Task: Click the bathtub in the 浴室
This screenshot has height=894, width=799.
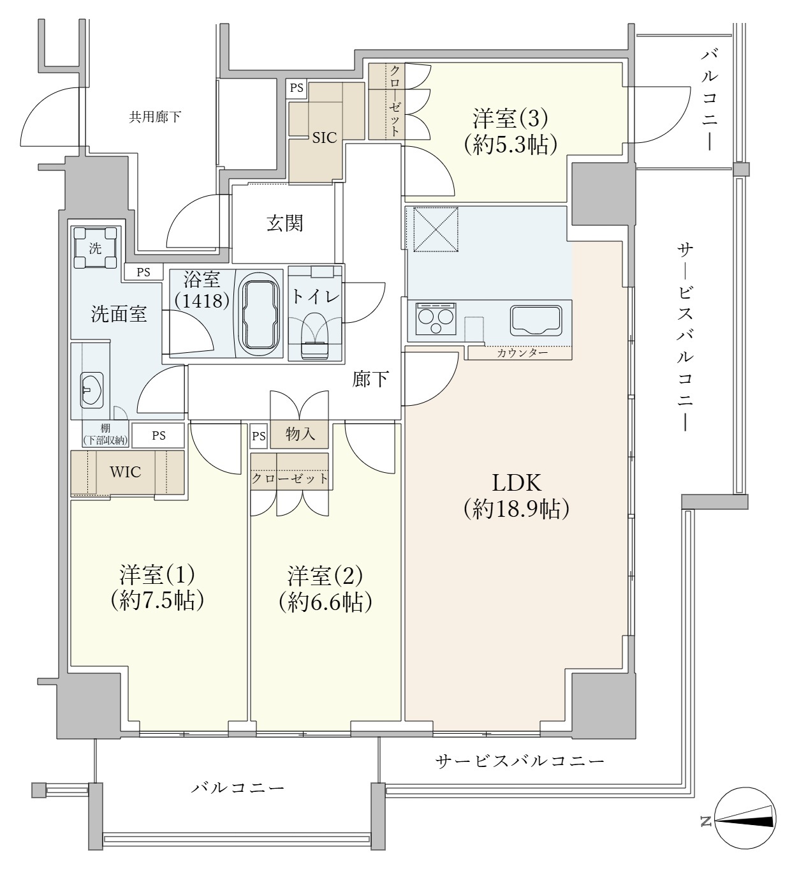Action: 259,313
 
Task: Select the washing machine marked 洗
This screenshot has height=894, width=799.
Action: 95,249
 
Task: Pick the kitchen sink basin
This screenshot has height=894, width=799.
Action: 535,320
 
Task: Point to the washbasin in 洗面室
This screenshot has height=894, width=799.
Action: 91,389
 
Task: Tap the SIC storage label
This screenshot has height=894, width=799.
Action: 324,138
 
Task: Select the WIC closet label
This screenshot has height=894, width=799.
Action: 126,472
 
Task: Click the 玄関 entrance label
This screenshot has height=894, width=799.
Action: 284,223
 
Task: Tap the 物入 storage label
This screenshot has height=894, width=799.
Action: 300,435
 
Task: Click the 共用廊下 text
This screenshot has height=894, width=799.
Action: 155,117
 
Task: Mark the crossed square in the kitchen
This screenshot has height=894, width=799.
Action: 436,228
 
